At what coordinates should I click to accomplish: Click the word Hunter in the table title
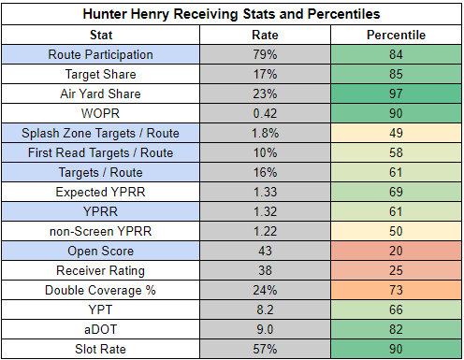click(x=105, y=14)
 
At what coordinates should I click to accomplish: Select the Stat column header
click(x=101, y=35)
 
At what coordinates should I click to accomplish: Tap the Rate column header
click(x=265, y=35)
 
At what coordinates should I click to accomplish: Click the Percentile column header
click(x=396, y=35)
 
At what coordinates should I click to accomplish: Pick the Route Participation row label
click(x=100, y=54)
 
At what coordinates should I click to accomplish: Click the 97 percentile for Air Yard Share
click(x=396, y=94)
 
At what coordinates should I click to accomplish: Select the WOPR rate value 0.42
click(x=265, y=113)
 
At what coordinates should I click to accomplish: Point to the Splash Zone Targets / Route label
click(x=100, y=133)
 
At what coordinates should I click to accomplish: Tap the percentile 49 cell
click(x=396, y=133)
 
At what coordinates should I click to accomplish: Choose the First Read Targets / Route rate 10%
click(x=265, y=152)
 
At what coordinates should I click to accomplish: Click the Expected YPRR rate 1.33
click(x=265, y=192)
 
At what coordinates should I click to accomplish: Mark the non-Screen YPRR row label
click(x=100, y=231)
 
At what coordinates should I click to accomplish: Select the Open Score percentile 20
click(x=396, y=251)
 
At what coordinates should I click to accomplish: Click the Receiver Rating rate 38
click(x=265, y=270)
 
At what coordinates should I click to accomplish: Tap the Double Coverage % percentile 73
click(x=396, y=290)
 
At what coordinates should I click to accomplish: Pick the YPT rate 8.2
click(x=265, y=310)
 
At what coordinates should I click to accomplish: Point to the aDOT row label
click(x=100, y=329)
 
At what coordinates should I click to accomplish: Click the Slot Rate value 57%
click(x=265, y=349)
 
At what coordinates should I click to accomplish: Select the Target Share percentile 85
click(x=396, y=74)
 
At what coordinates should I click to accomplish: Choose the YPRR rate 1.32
click(x=265, y=211)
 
